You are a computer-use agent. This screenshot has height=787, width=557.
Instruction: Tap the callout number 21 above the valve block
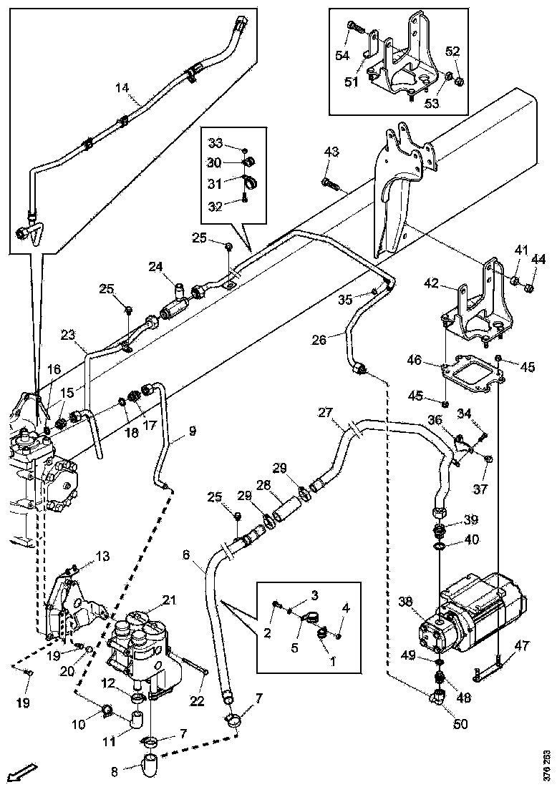[169, 600]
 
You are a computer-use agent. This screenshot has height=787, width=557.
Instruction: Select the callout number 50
[460, 723]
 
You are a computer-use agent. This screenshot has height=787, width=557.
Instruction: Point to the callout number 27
[326, 413]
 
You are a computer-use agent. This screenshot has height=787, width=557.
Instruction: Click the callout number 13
[103, 556]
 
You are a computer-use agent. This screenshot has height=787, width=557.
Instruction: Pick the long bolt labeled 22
[197, 665]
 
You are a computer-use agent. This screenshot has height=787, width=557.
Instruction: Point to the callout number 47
[522, 645]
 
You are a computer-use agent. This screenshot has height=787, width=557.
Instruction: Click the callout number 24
[156, 267]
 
